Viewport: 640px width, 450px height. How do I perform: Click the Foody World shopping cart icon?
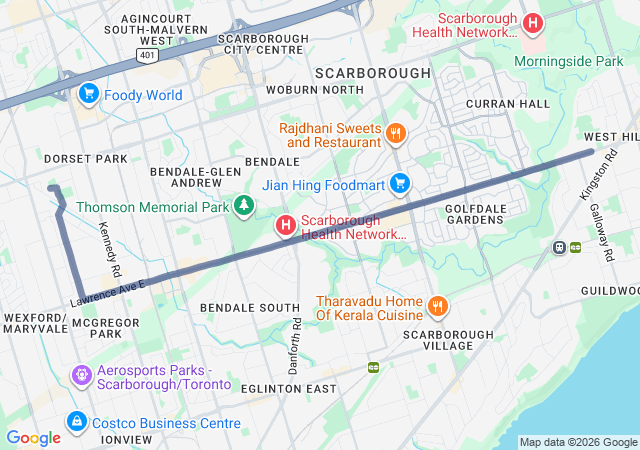pyautogui.click(x=88, y=95)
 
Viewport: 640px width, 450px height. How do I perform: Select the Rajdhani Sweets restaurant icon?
pyautogui.click(x=396, y=133)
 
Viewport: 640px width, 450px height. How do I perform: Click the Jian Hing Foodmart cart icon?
pyautogui.click(x=400, y=183)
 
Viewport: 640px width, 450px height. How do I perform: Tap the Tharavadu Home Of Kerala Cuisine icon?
pyautogui.click(x=436, y=306)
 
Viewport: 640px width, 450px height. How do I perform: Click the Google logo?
pyautogui.click(x=33, y=438)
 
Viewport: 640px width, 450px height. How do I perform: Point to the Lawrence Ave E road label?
pyautogui.click(x=108, y=293)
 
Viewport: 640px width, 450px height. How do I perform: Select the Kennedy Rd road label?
pyautogui.click(x=109, y=250)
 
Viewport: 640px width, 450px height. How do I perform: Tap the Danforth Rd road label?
pyautogui.click(x=294, y=346)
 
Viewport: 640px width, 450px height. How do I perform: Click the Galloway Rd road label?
pyautogui.click(x=606, y=241)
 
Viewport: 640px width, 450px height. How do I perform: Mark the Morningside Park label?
pyautogui.click(x=567, y=62)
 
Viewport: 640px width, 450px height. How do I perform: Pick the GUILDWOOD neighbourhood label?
pyautogui.click(x=609, y=290)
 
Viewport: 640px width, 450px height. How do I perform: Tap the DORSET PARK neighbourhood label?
pyautogui.click(x=85, y=159)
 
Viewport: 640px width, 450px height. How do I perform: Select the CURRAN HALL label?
pyautogui.click(x=508, y=104)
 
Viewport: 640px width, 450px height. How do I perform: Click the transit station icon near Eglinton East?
pyautogui.click(x=373, y=368)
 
